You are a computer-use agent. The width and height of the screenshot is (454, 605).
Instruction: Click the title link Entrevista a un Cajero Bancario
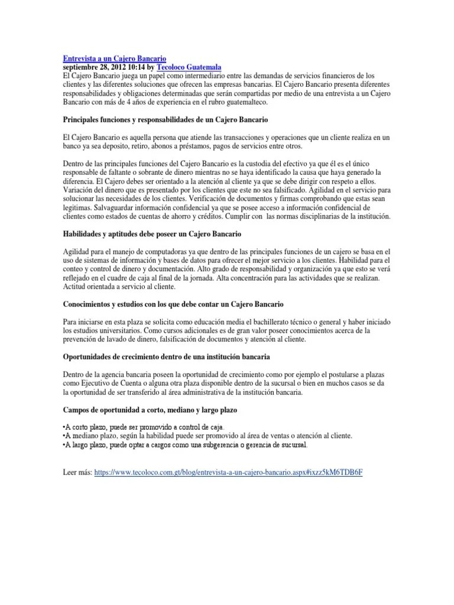tap(114, 59)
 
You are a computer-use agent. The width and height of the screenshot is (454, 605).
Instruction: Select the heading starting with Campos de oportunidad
tap(158, 409)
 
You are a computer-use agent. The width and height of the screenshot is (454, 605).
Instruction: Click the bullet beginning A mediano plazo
tap(207, 435)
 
